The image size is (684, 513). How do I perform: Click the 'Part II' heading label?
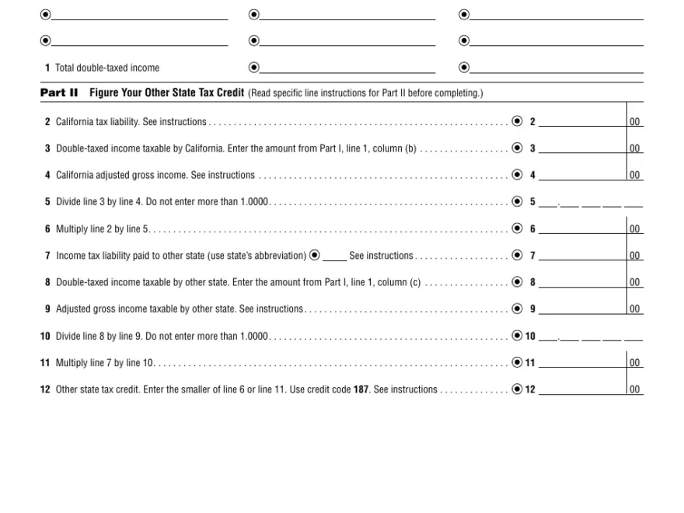pos(59,93)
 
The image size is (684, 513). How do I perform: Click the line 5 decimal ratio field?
pos(591,202)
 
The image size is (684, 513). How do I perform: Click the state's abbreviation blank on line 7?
pos(335,256)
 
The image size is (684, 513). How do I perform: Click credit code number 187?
pos(361,389)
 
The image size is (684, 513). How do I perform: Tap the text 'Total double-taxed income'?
pos(107,68)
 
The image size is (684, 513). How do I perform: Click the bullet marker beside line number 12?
pos(517,389)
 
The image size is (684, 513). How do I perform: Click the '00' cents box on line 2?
pos(635,122)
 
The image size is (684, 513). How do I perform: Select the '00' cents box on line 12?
pos(635,390)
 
